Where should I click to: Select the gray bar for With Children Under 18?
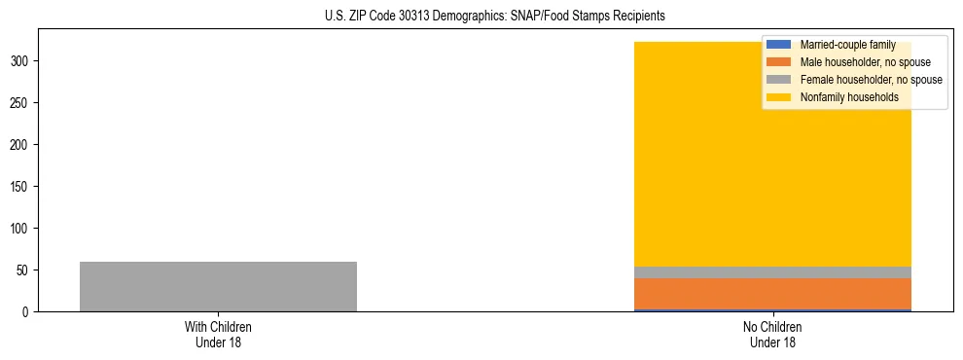pos(218,286)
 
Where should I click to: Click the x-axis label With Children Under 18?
pos(218,334)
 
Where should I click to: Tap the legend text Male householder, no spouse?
pos(858,62)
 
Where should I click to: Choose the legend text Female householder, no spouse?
pos(871,80)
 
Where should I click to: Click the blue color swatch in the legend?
pos(779,45)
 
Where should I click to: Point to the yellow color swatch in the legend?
pos(779,97)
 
